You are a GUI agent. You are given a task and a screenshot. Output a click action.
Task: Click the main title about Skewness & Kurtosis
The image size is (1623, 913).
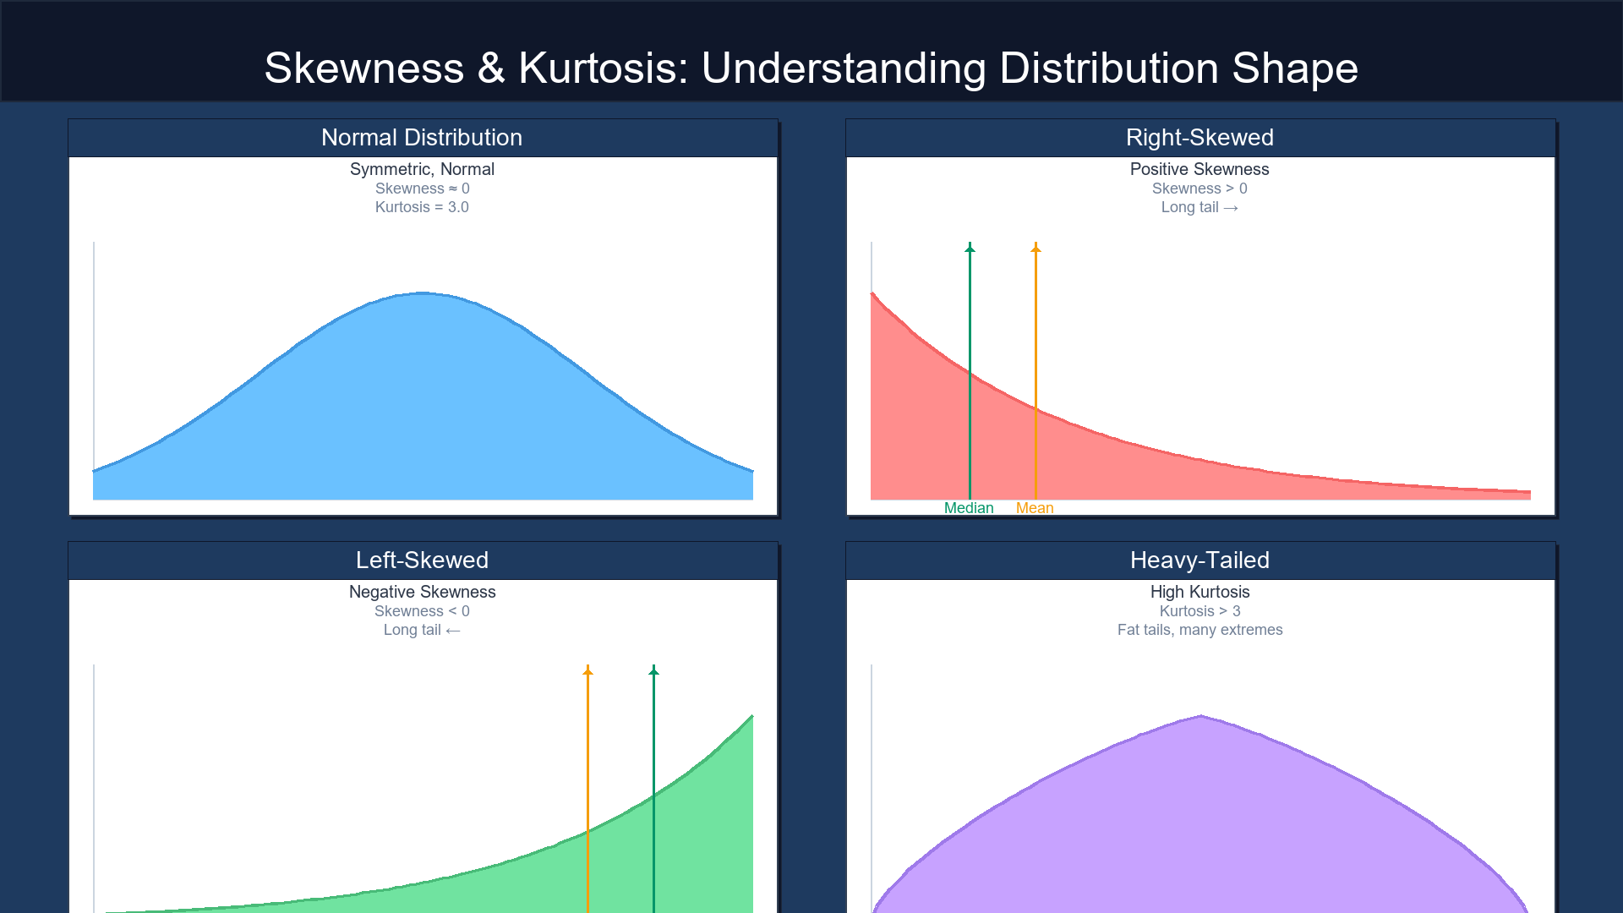pyautogui.click(x=811, y=68)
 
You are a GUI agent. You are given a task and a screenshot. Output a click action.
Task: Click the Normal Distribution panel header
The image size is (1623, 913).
pyautogui.click(x=422, y=138)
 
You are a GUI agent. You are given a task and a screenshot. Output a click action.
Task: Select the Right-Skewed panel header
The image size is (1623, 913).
pyautogui.click(x=1199, y=138)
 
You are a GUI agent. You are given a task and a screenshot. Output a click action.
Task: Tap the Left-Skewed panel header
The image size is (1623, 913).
pyautogui.click(x=422, y=560)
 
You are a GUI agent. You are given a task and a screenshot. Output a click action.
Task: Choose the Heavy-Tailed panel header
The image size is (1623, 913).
pyautogui.click(x=1199, y=560)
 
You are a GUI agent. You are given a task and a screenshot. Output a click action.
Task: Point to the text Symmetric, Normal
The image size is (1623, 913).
pyautogui.click(x=422, y=169)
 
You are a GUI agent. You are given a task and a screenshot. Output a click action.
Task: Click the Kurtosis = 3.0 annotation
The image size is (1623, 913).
pyautogui.click(x=422, y=207)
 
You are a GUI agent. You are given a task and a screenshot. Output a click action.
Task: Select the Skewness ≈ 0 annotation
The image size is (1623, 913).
pyautogui.click(x=422, y=189)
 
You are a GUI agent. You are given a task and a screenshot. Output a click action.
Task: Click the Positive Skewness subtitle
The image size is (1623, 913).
pyautogui.click(x=1199, y=169)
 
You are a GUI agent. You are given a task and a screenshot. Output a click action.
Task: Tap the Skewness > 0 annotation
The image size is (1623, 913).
pyautogui.click(x=1199, y=189)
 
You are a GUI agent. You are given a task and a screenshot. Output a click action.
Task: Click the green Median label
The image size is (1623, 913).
pyautogui.click(x=969, y=508)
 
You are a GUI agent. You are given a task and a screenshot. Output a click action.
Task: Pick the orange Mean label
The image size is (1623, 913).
pyautogui.click(x=1035, y=508)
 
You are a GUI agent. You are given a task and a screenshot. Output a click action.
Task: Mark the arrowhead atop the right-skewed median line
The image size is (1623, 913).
pyautogui.click(x=970, y=248)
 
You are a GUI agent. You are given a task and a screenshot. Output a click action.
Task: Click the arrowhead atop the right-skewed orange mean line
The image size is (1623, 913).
pyautogui.click(x=1036, y=248)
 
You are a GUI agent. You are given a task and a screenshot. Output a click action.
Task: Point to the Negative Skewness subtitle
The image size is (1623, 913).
pyautogui.click(x=422, y=592)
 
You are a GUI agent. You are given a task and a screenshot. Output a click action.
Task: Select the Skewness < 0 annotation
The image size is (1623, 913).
pyautogui.click(x=422, y=611)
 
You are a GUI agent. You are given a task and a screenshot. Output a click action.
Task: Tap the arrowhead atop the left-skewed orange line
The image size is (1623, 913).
pyautogui.click(x=588, y=670)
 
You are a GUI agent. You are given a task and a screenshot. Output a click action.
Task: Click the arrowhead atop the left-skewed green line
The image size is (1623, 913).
pyautogui.click(x=653, y=670)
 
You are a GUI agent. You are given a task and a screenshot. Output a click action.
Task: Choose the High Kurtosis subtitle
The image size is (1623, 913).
pyautogui.click(x=1199, y=592)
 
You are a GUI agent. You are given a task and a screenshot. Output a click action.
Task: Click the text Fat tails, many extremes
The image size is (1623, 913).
pyautogui.click(x=1199, y=630)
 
